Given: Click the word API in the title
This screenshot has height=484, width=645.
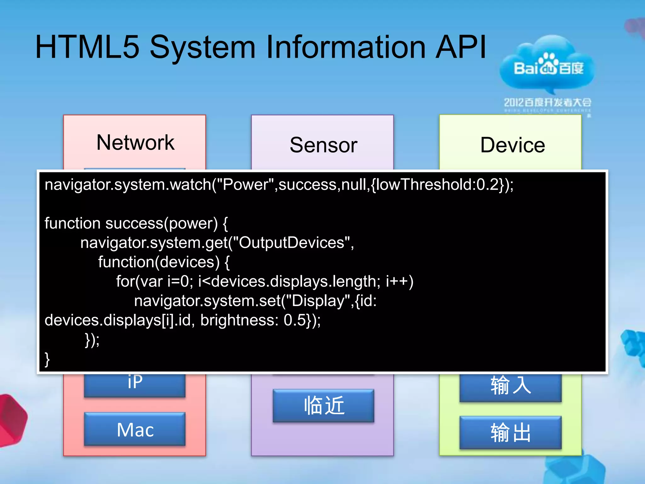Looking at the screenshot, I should tap(460, 47).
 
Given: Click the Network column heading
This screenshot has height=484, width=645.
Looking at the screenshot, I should tap(135, 142).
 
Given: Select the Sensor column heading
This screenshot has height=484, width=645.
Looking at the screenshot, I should tap(323, 145).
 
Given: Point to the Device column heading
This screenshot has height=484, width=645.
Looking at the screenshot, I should tap(512, 145).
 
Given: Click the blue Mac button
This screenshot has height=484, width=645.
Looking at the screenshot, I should tap(135, 429).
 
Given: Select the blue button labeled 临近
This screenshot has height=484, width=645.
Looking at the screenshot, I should tap(323, 406).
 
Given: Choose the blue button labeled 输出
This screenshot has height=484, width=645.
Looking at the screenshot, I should tap(511, 433).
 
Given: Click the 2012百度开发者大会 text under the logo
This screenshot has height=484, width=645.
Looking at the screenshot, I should tap(547, 102).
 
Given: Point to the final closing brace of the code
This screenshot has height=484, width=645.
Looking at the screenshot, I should tap(47, 359).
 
